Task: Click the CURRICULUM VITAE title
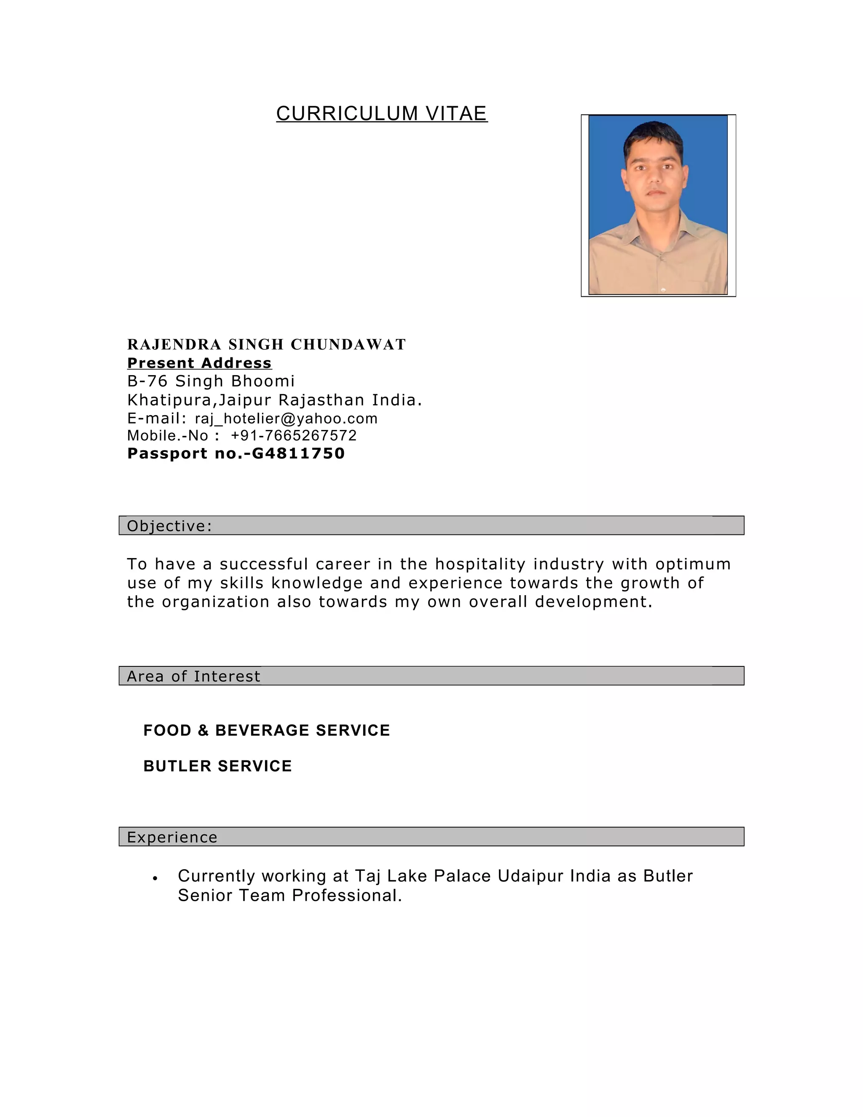point(381,113)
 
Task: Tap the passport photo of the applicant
point(658,204)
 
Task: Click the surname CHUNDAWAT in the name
point(348,345)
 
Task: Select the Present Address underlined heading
point(199,363)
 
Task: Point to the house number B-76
point(147,381)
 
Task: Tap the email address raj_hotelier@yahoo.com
point(286,419)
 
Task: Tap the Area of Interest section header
point(193,676)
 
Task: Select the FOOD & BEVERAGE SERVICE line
point(266,730)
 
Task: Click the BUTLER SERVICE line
point(217,766)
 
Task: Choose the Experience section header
point(172,837)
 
